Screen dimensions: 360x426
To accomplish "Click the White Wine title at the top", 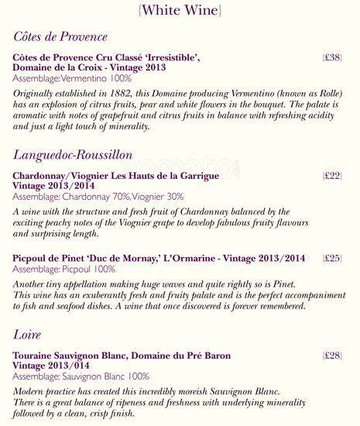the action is [x=180, y=10].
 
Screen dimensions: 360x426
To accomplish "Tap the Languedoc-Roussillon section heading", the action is [x=84, y=155].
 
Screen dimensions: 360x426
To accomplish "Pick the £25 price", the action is [x=332, y=258].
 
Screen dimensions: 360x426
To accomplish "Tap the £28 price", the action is [x=332, y=356].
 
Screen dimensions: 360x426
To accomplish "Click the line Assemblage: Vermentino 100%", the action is [x=72, y=79].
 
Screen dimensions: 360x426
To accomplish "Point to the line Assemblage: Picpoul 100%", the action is [x=64, y=269].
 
